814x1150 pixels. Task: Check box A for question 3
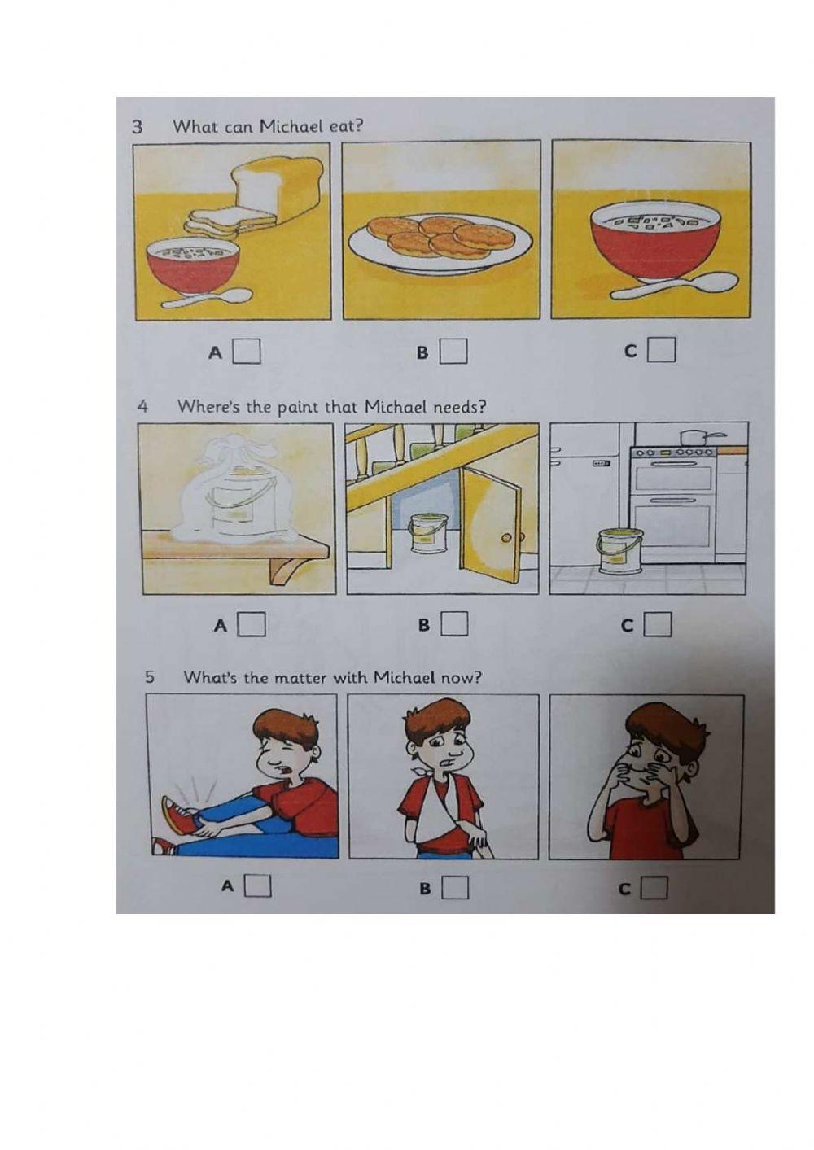pos(247,351)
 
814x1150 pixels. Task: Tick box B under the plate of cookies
pos(453,351)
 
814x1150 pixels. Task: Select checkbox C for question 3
pos(662,350)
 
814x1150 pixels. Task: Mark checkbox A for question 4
pos(252,623)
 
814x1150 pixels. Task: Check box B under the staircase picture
pos(454,623)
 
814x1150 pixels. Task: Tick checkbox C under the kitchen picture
pos(658,623)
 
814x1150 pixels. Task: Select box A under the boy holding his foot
pos(258,885)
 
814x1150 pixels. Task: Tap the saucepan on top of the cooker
pos(697,437)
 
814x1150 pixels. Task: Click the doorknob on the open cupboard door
pos(507,538)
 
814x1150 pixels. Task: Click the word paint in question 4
pos(299,408)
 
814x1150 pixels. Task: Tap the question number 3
pos(137,127)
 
